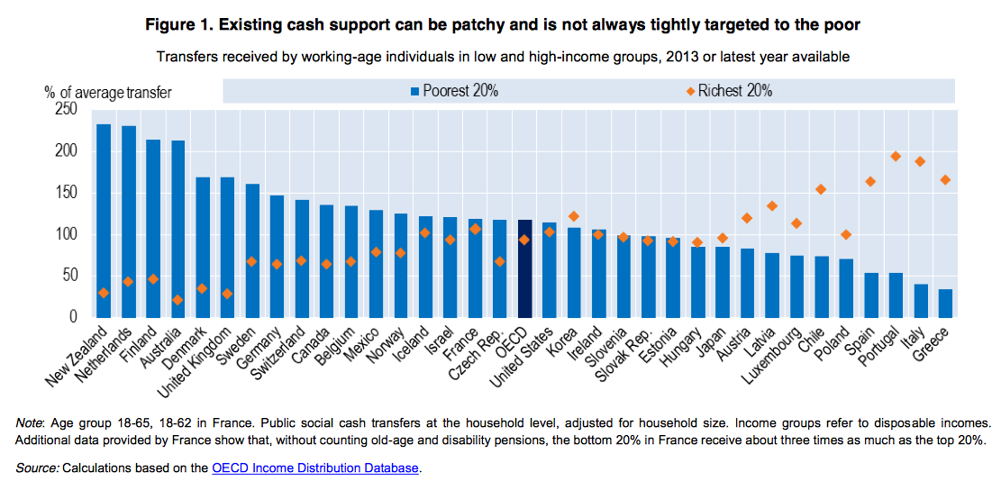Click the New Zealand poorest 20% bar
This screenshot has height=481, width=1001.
click(x=104, y=221)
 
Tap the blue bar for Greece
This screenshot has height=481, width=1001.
click(x=945, y=303)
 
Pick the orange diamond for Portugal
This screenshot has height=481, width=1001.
click(x=896, y=156)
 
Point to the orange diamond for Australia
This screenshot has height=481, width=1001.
click(x=178, y=300)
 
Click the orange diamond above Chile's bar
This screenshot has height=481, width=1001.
click(x=821, y=189)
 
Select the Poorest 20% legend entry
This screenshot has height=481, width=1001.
click(x=454, y=91)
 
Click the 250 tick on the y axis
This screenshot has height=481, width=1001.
click(x=66, y=109)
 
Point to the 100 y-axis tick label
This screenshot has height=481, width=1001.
click(x=66, y=234)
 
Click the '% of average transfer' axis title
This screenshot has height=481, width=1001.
click(x=107, y=92)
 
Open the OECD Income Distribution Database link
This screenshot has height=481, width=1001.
click(x=315, y=468)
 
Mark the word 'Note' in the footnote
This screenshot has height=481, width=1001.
click(x=32, y=422)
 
